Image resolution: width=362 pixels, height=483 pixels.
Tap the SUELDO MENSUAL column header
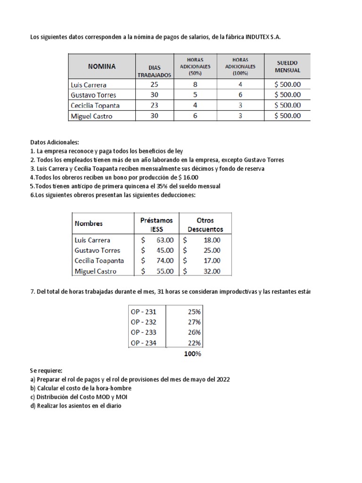tap(288, 67)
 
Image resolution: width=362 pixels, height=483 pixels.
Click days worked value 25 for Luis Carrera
tap(155, 85)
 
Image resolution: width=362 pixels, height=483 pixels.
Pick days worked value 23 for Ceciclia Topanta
tap(155, 105)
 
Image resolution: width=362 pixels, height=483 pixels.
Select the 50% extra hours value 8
tap(194, 85)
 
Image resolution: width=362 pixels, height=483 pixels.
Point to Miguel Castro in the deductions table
tap(96, 271)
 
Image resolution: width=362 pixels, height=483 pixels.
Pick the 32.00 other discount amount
tap(212, 271)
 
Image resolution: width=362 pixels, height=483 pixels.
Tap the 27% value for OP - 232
tap(194, 322)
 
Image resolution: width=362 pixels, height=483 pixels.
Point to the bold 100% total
tap(192, 354)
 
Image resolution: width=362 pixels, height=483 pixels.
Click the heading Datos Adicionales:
tap(55, 142)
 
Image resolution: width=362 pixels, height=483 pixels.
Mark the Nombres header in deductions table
tap(89, 224)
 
